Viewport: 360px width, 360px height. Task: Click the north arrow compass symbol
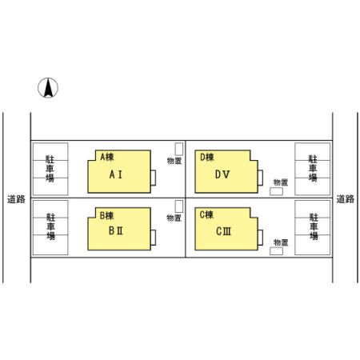click(x=48, y=87)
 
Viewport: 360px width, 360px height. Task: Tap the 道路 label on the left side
click(x=16, y=199)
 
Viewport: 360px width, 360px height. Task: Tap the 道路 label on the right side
click(x=346, y=199)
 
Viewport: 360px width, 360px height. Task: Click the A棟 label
click(x=107, y=157)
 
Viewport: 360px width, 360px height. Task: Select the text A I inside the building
click(x=116, y=174)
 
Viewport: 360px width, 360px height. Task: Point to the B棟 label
click(x=106, y=215)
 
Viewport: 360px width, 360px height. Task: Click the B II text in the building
click(x=116, y=230)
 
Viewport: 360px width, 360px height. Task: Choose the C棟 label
click(x=206, y=214)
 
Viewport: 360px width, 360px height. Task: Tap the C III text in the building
click(x=223, y=231)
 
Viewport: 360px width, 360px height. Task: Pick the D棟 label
click(x=207, y=157)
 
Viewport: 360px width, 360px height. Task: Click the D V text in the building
click(x=222, y=174)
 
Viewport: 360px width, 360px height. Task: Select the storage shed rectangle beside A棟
click(x=179, y=149)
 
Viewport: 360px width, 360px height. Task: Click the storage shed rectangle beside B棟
click(x=179, y=206)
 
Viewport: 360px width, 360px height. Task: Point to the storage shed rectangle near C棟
click(x=276, y=251)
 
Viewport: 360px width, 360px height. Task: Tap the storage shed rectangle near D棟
click(x=276, y=191)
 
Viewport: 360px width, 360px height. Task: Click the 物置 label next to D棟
click(x=281, y=182)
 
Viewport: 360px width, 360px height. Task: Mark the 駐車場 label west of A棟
click(x=50, y=169)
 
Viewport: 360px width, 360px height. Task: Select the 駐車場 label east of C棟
click(x=314, y=226)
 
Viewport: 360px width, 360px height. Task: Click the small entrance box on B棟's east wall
click(x=154, y=238)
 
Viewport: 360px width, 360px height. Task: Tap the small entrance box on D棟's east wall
click(x=260, y=178)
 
